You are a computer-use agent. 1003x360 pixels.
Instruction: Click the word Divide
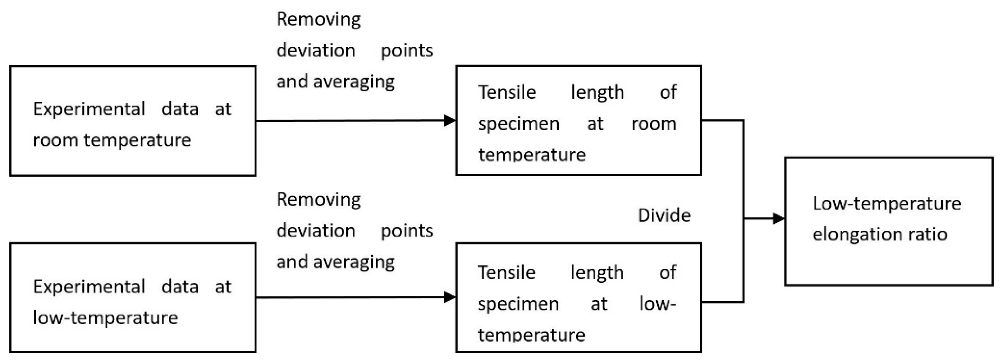tap(664, 215)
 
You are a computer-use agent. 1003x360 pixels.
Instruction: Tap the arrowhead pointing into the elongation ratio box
tap(778, 219)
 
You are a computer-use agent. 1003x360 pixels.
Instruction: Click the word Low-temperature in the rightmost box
tap(887, 203)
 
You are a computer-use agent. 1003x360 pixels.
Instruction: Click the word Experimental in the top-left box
tap(89, 109)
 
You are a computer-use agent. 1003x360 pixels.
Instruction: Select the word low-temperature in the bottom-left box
tap(105, 317)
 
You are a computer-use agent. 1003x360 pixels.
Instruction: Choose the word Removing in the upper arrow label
tap(318, 19)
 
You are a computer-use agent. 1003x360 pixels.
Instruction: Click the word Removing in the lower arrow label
tap(318, 199)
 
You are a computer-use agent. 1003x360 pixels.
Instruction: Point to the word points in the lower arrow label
tap(407, 231)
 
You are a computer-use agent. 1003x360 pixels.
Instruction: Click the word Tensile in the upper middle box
tap(507, 92)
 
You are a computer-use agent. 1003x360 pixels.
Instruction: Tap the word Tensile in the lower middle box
tap(506, 272)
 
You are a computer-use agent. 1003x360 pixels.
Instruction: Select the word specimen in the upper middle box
tap(519, 124)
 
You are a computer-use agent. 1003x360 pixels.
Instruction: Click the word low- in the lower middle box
tap(657, 304)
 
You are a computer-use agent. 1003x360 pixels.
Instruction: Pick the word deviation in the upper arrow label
tap(316, 51)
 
